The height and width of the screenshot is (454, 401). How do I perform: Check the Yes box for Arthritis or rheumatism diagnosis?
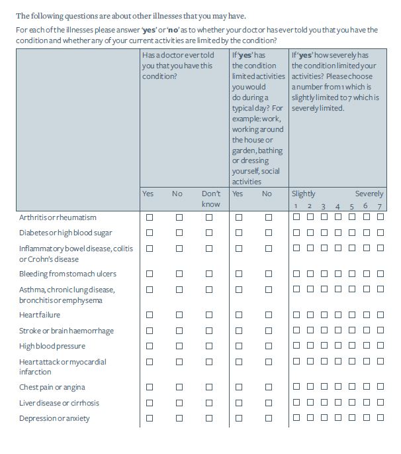(150, 217)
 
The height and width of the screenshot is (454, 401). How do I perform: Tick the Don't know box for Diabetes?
(209, 233)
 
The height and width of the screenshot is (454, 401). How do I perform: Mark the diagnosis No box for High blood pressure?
(179, 346)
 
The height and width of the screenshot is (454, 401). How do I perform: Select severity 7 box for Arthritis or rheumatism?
(380, 217)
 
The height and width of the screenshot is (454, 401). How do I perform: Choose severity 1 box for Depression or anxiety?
(296, 418)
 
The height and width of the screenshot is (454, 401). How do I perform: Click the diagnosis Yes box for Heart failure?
(150, 315)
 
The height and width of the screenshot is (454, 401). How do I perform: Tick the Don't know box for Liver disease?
(209, 403)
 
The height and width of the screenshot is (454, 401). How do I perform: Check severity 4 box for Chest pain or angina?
(338, 387)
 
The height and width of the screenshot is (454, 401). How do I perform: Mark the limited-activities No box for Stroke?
(268, 331)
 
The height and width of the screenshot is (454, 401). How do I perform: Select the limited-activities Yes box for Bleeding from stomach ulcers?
(238, 274)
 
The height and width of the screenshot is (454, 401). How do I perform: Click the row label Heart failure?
(40, 315)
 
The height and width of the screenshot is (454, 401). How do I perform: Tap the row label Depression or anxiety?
(54, 419)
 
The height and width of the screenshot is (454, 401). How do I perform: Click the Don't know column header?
(211, 199)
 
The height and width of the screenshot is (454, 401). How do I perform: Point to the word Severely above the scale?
(369, 194)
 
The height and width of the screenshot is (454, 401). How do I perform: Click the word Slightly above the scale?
(304, 194)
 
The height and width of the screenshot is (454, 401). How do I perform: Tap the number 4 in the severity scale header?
(337, 207)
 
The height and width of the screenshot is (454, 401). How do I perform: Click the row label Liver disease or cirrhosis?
(59, 403)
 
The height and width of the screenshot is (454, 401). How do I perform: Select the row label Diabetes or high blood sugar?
(66, 233)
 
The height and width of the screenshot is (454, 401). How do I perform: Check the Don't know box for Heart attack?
(209, 362)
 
